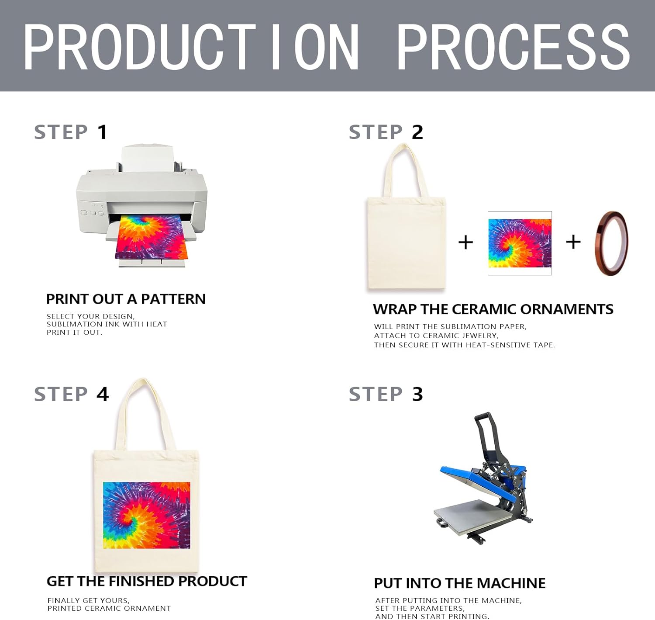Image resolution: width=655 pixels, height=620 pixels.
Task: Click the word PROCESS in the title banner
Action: [514, 47]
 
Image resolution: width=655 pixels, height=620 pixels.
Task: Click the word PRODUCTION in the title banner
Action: [191, 47]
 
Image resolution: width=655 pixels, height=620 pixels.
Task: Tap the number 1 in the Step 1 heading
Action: [102, 132]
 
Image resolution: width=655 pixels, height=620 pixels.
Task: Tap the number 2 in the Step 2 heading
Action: [417, 132]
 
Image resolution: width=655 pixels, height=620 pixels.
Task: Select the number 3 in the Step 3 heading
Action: [417, 394]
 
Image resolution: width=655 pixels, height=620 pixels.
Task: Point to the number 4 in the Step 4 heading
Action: [103, 394]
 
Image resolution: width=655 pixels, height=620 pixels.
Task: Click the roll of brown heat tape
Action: [611, 243]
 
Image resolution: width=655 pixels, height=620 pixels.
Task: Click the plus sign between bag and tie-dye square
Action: [465, 242]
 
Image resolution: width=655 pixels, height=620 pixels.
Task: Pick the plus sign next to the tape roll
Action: [573, 242]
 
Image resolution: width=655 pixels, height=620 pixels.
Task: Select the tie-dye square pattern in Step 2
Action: [520, 243]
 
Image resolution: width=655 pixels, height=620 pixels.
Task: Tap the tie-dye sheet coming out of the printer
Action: [151, 238]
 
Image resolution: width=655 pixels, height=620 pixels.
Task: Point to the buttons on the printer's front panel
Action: [92, 213]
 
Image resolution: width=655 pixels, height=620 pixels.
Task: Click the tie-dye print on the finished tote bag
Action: [147, 515]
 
